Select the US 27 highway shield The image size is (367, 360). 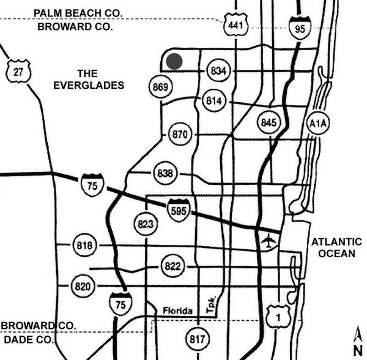[17, 72]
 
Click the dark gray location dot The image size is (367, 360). [174, 61]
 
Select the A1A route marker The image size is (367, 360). [318, 124]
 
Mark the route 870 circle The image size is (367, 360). [179, 135]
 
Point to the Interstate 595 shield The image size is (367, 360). [179, 210]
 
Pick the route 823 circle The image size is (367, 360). [145, 224]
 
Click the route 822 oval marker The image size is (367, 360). [173, 266]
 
